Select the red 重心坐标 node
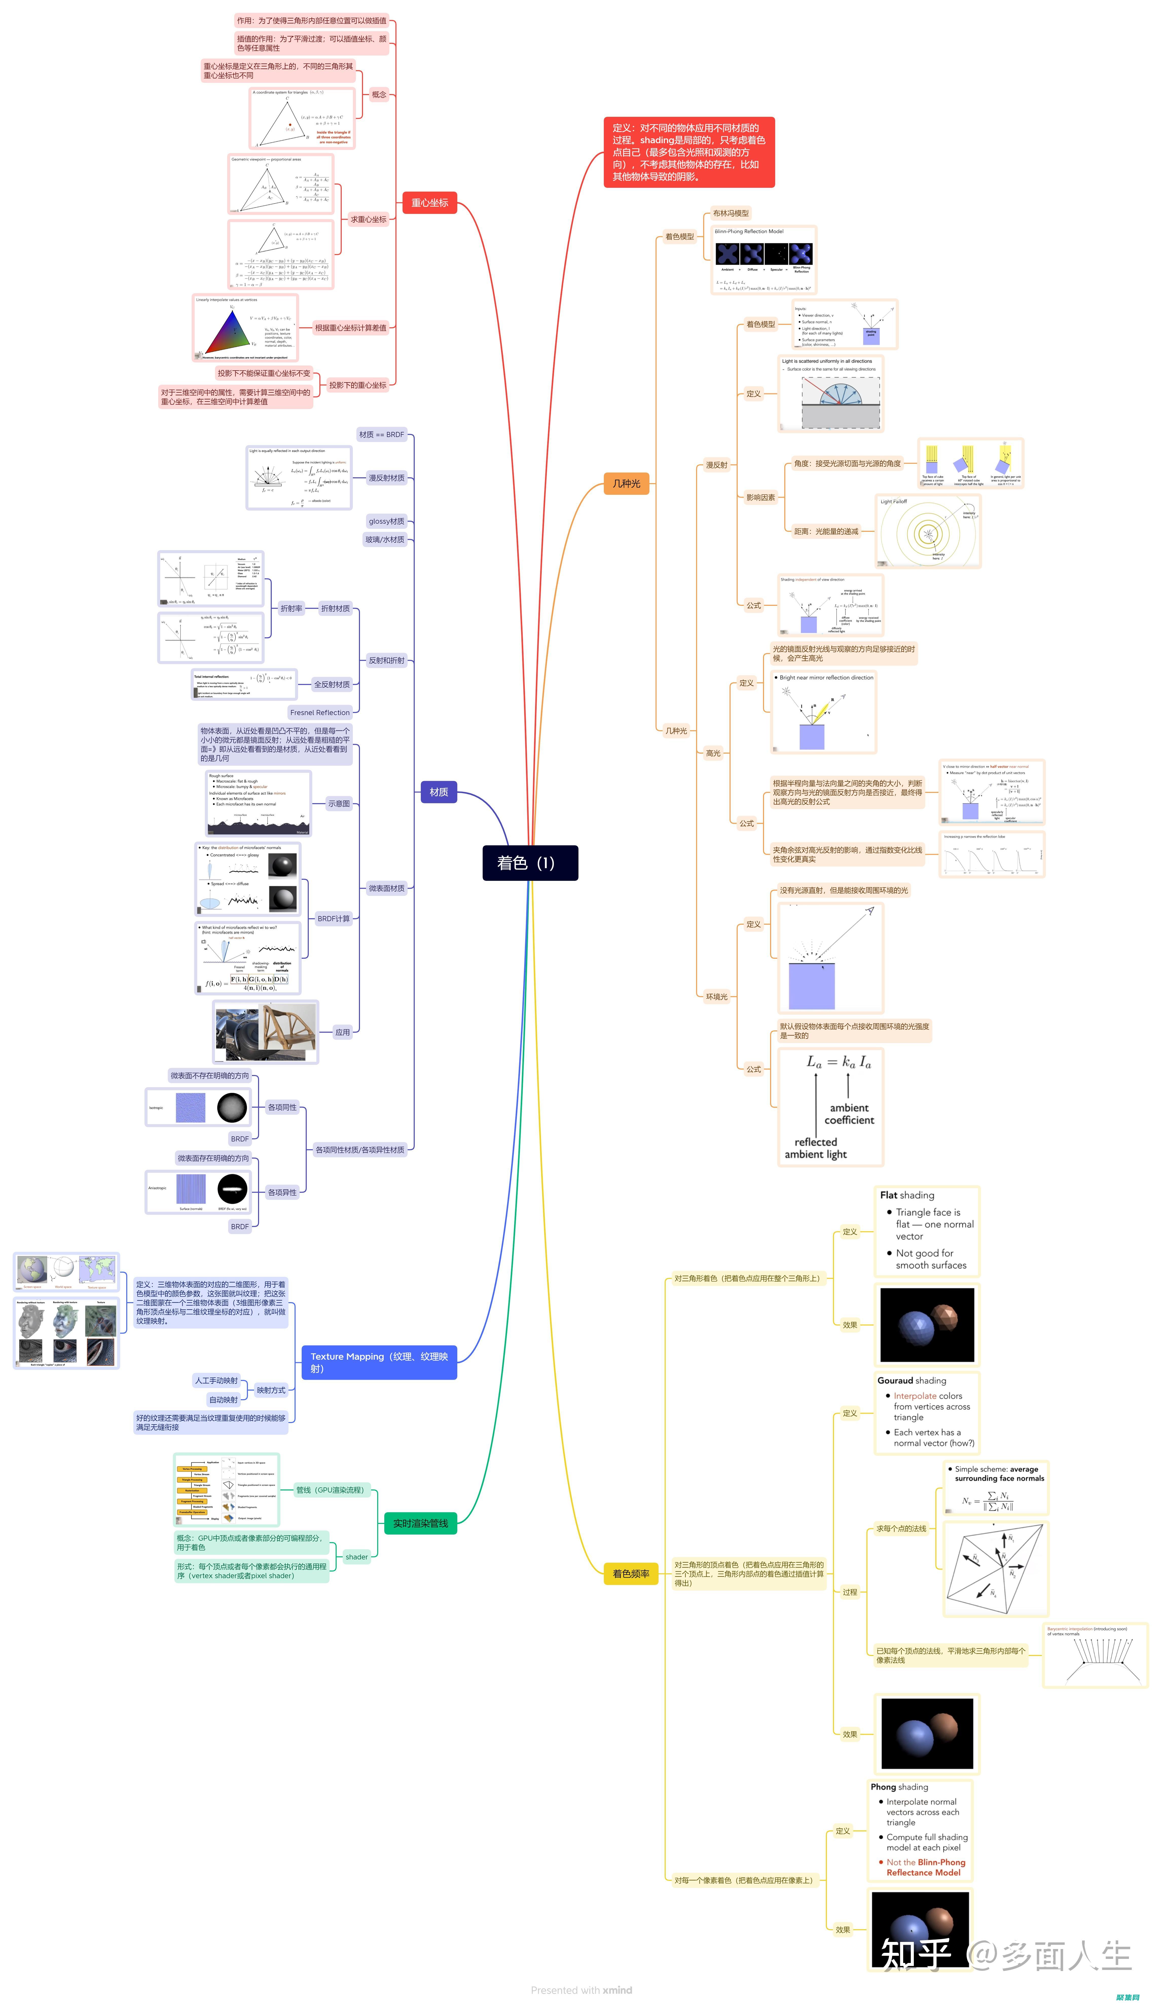(x=429, y=203)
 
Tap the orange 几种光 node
(x=626, y=483)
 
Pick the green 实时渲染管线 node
(x=421, y=1523)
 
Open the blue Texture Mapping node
(x=379, y=1362)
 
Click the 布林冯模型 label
(x=730, y=213)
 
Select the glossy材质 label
(x=386, y=521)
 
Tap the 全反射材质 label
(x=331, y=684)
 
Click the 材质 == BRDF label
(x=382, y=435)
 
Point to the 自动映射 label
(x=223, y=1400)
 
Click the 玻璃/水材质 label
(x=385, y=540)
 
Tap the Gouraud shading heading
(x=912, y=1381)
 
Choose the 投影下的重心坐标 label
(x=358, y=386)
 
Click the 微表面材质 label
(x=386, y=889)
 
